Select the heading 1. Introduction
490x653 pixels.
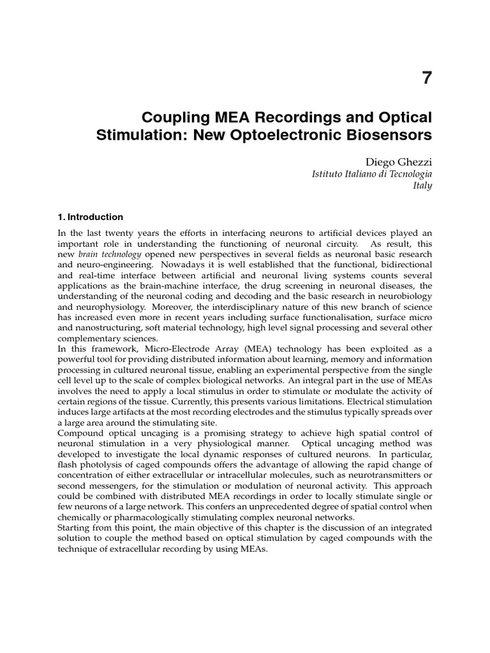pos(90,217)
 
